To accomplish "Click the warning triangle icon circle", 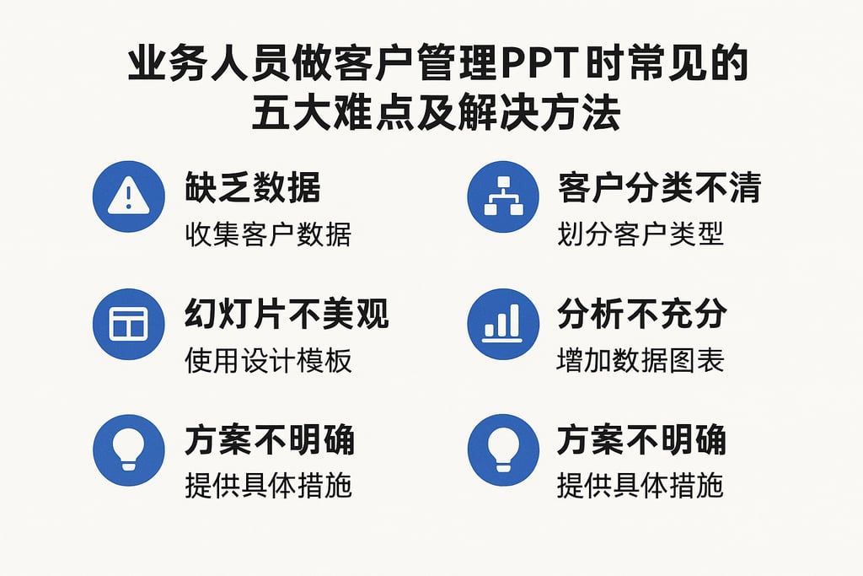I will [128, 197].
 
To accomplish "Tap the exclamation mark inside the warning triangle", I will [128, 199].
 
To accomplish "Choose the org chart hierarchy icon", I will [503, 197].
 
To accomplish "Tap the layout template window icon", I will [128, 324].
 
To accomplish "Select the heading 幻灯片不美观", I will [287, 315].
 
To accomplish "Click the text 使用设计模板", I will [268, 361].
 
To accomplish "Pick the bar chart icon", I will [503, 324].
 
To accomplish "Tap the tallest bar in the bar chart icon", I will [515, 319].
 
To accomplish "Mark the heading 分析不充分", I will [641, 315].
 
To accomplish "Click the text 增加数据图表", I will [641, 361].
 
